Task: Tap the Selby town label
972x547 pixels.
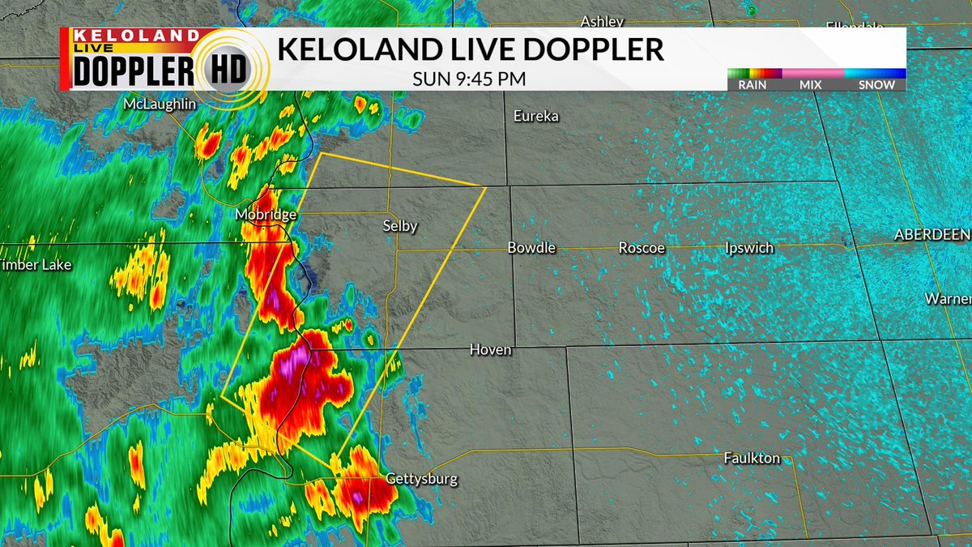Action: (400, 226)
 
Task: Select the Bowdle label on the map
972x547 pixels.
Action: (531, 248)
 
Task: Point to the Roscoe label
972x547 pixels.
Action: (642, 248)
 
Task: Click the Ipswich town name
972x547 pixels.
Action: (749, 248)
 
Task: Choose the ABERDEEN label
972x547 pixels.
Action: (932, 234)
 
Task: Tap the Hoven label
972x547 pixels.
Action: (491, 350)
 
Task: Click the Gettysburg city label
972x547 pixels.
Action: (421, 479)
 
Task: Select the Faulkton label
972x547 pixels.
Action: (752, 459)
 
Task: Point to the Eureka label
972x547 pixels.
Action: (536, 117)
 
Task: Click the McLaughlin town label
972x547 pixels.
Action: (160, 105)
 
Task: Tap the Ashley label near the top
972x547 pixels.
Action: (603, 22)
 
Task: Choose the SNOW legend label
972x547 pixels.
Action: (877, 84)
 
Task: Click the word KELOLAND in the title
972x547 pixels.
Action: (354, 49)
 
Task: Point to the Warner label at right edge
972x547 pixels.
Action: (948, 299)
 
